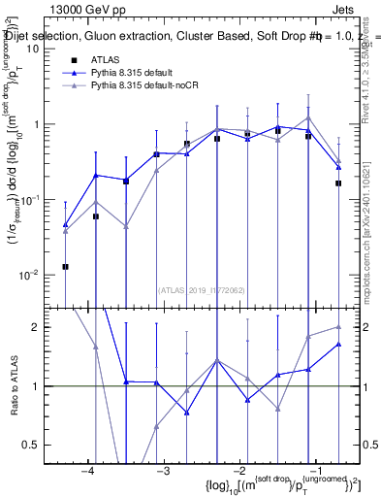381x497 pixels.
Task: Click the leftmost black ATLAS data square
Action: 65,266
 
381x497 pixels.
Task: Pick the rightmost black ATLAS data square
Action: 338,182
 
